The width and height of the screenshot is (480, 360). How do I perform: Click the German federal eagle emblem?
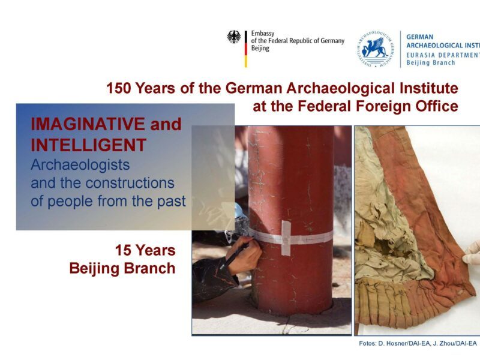234,37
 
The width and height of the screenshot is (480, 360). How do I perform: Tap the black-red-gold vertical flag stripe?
245,49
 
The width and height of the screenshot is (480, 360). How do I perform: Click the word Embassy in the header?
263,34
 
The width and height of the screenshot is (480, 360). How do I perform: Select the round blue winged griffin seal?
376,49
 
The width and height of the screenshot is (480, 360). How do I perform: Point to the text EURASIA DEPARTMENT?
443,55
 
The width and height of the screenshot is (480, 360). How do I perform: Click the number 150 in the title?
119,88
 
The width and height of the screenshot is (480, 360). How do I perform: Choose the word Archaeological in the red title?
340,88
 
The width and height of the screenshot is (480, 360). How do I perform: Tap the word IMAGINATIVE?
88,124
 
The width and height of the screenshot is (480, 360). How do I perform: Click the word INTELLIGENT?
88,145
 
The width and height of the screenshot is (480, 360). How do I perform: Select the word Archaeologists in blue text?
80,165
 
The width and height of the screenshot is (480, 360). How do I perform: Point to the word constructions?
130,183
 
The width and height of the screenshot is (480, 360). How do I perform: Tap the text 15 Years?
145,250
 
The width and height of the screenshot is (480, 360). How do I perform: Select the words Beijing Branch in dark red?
122,268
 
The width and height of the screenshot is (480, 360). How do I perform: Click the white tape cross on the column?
286,238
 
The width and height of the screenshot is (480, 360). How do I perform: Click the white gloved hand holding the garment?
472,253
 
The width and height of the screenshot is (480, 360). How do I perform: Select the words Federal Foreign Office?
378,107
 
